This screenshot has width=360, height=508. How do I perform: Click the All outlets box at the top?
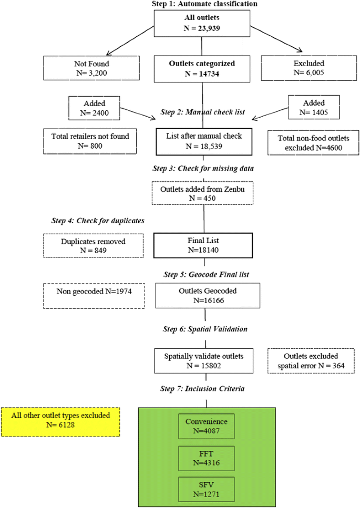point(202,23)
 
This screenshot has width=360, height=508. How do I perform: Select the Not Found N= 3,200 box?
point(91,68)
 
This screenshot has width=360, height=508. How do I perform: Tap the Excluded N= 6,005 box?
point(309,68)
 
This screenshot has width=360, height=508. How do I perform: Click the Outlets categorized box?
point(202,69)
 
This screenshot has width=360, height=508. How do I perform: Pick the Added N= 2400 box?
point(94,108)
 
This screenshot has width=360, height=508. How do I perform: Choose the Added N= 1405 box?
point(314,108)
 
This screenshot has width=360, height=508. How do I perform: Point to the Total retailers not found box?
point(90,141)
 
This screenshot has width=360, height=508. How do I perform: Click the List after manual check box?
point(204,142)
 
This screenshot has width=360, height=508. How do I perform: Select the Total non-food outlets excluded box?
point(313,143)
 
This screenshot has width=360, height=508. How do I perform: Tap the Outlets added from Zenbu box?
point(202,193)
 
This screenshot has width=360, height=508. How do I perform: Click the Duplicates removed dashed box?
point(94,246)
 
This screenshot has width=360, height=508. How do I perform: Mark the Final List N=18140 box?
point(203,245)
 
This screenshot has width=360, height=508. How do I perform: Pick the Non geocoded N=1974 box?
point(94,296)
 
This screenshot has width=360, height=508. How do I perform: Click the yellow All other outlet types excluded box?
point(60,422)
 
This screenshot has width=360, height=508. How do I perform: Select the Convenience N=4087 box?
point(207,427)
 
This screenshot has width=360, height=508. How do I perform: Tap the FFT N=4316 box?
point(207,459)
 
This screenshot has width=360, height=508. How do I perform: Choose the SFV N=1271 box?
point(207,490)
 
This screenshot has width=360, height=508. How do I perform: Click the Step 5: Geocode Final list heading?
point(206,275)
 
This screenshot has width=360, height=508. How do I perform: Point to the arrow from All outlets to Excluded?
point(276,39)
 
